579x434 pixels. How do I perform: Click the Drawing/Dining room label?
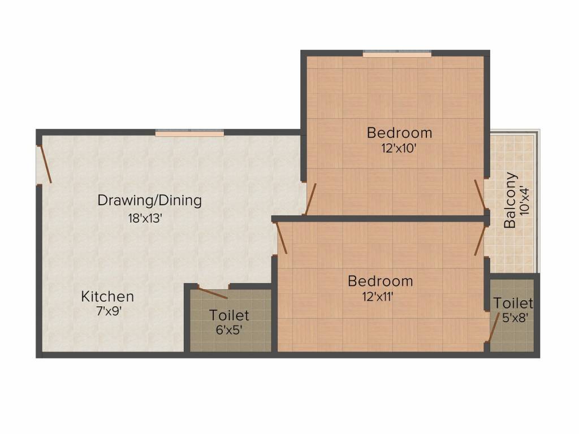tap(149, 200)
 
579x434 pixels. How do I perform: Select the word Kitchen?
tap(107, 296)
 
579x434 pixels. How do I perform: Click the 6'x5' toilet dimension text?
tap(229, 330)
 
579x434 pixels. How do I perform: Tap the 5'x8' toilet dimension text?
tap(515, 318)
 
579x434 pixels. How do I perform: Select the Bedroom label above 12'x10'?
tap(399, 133)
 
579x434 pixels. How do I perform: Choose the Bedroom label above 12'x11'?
tap(380, 281)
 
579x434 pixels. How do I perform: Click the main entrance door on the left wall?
tap(44, 164)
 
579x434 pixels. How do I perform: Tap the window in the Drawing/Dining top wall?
tap(189, 133)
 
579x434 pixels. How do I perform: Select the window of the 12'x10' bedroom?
tap(397, 54)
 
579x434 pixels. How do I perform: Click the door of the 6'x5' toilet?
tap(213, 293)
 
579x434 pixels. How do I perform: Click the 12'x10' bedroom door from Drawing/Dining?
tap(310, 199)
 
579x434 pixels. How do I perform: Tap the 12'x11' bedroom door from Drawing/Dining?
tap(281, 237)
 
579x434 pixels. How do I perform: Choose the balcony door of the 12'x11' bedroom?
tap(481, 240)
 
